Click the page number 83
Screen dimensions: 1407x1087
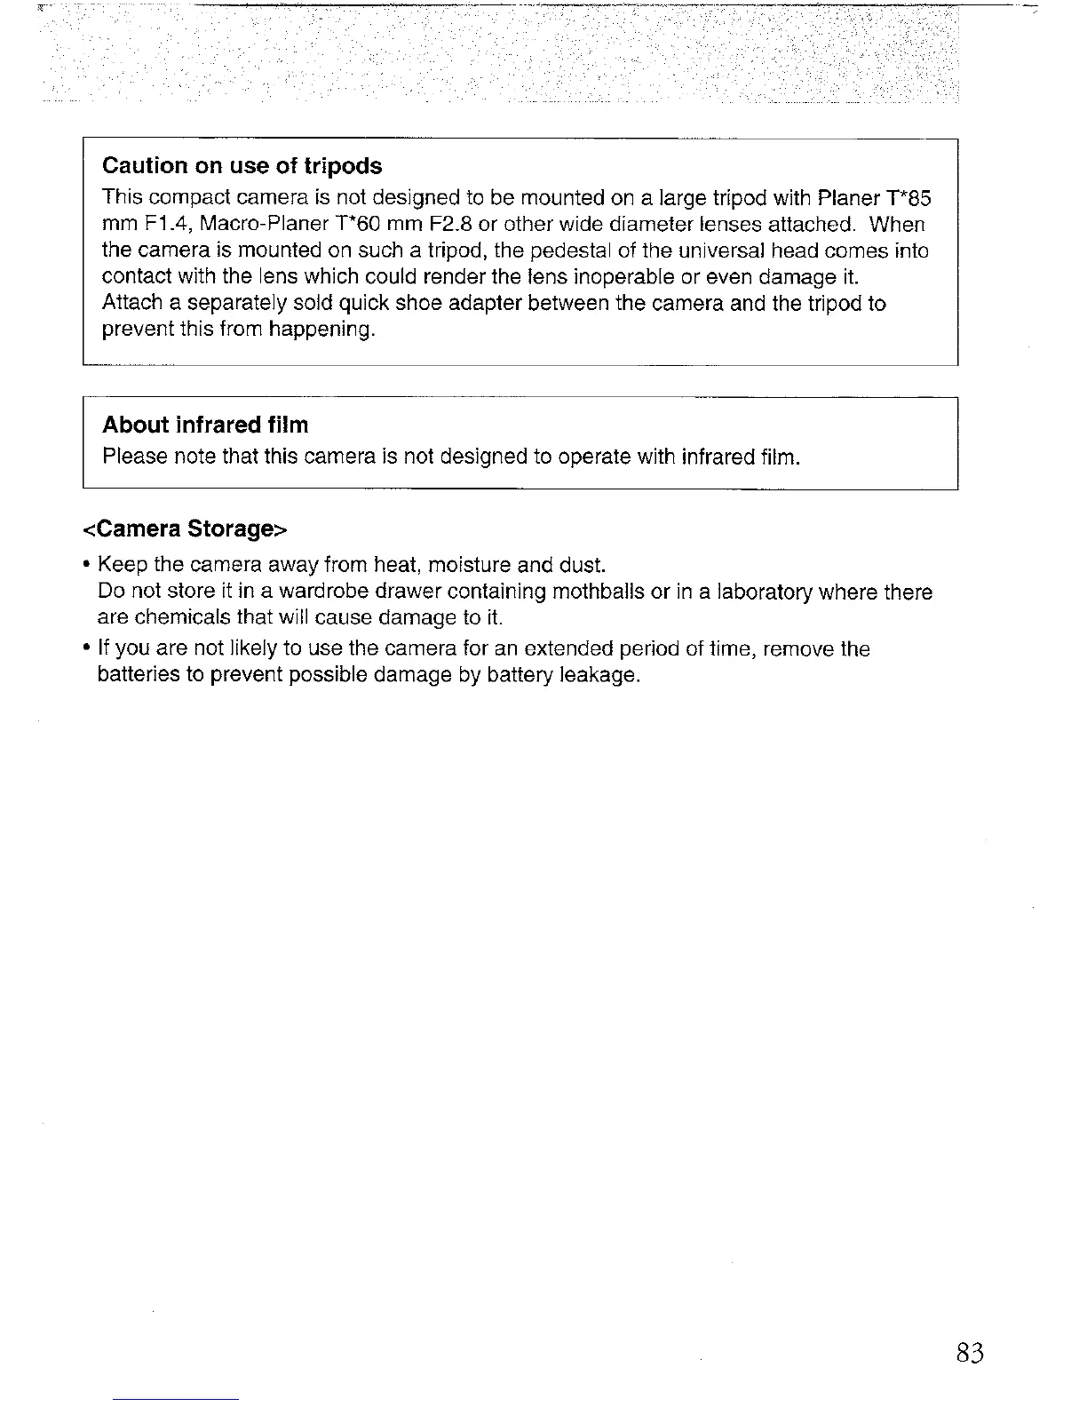970,1353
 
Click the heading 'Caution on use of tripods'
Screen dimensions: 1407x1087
242,166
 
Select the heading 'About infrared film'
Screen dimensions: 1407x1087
205,425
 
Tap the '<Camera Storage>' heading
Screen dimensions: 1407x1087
186,529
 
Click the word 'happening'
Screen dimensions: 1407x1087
322,330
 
